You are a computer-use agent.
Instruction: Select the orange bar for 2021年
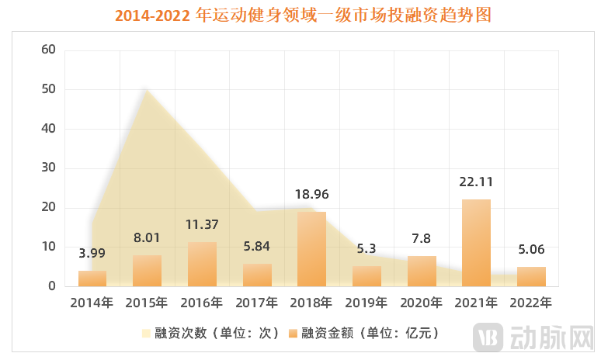pos(476,243)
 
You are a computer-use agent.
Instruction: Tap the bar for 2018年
pos(311,249)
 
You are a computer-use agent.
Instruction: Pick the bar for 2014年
pos(92,279)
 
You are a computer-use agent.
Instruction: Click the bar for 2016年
pos(202,264)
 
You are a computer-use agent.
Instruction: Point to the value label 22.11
pos(476,182)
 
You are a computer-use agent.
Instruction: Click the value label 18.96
pos(311,194)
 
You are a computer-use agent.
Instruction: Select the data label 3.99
pos(92,253)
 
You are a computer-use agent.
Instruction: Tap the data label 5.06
pos(531,249)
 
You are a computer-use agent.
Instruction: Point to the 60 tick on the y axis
pos(48,50)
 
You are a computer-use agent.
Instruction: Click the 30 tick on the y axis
pos(48,168)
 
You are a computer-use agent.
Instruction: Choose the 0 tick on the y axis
pos(52,286)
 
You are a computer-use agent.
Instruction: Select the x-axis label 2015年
pos(147,302)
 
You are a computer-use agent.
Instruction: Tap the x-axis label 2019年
pos(367,302)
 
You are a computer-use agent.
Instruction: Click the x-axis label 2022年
pos(531,302)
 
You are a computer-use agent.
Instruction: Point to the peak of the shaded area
pos(146,90)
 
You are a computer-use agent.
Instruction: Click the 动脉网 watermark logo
pos(535,336)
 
